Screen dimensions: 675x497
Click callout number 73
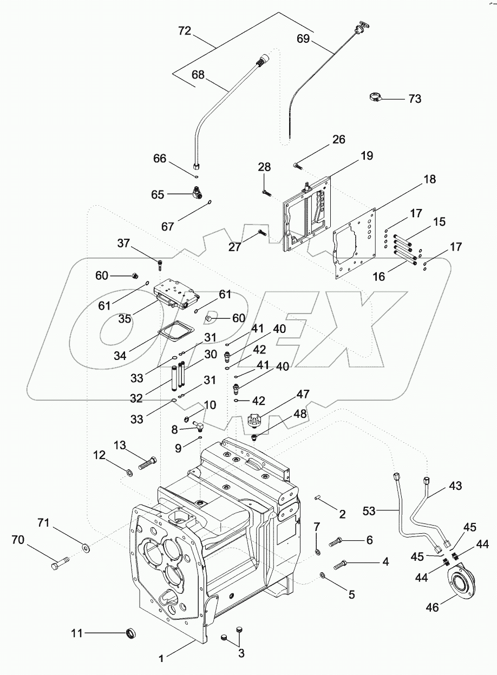coord(414,99)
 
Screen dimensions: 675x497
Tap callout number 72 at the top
coord(185,32)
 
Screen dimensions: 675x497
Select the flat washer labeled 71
coord(87,549)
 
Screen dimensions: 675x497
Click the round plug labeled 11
coord(132,632)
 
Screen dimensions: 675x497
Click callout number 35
coord(125,318)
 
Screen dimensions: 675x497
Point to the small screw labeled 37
coord(160,265)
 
